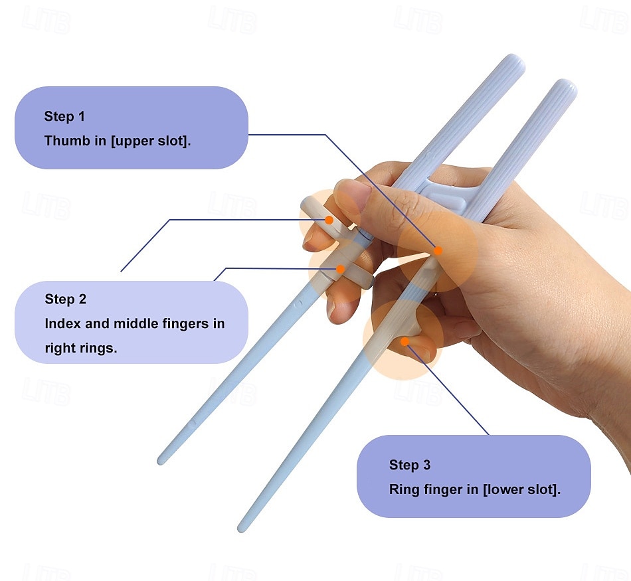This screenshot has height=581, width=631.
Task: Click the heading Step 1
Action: (64, 117)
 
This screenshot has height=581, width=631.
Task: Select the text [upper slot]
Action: (150, 141)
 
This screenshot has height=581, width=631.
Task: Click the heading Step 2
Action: (65, 299)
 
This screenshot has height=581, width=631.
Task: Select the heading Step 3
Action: (410, 465)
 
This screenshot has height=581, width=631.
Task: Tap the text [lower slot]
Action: (521, 489)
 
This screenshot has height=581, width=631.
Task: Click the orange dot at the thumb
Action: (438, 251)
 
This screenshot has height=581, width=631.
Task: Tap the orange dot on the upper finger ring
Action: (329, 220)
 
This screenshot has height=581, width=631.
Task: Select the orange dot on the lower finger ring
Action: (341, 269)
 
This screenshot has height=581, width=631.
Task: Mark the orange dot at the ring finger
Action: (405, 341)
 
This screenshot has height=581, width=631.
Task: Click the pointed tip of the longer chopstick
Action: (240, 529)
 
